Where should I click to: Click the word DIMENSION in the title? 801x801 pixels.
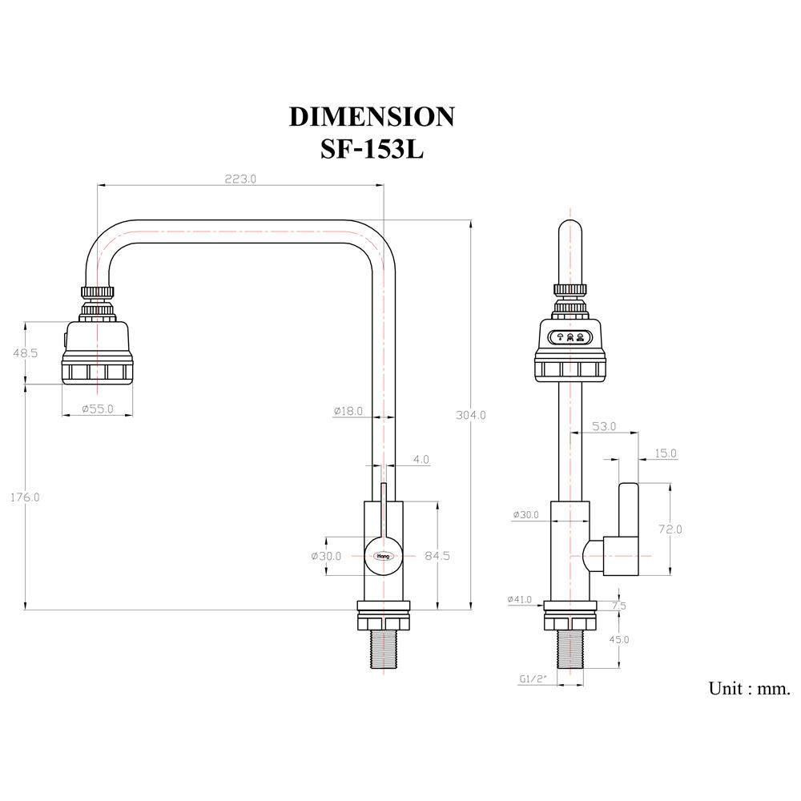click(372, 117)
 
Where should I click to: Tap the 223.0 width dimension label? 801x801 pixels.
click(239, 179)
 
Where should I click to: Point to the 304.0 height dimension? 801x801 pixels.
click(471, 415)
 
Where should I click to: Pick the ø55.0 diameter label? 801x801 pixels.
click(98, 409)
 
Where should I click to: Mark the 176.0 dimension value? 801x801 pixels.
click(25, 497)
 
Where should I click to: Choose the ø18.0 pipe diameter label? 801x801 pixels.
click(348, 411)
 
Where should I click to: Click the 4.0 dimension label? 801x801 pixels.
click(421, 460)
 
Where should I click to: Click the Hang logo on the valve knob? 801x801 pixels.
click(383, 554)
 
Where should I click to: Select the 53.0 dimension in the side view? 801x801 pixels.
click(603, 427)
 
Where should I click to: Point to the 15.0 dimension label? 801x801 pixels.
click(665, 453)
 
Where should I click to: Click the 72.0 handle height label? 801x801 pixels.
click(670, 529)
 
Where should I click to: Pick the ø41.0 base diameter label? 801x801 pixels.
click(521, 599)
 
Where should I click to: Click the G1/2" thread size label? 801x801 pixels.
click(533, 679)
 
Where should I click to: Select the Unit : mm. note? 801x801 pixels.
click(749, 688)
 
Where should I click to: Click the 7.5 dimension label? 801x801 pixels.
click(619, 606)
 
